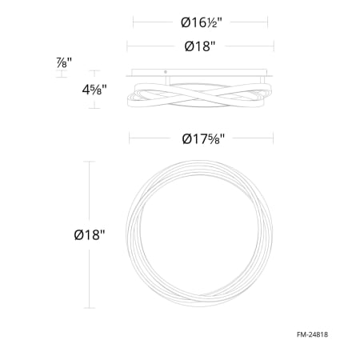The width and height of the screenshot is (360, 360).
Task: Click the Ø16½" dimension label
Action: tap(202, 22)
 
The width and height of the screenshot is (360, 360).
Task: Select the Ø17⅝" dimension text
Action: tap(203, 138)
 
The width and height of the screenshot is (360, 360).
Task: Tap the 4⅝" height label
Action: tap(94, 90)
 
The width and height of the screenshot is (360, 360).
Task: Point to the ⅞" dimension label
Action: tap(64, 62)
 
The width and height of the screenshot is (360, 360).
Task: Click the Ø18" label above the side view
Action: tap(200, 46)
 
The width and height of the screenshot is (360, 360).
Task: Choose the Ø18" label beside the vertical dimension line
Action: tap(90, 235)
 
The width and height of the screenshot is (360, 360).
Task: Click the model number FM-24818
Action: tap(312, 334)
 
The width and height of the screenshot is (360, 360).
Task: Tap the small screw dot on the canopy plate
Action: tap(166, 72)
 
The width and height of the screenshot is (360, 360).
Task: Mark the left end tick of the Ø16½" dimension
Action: tap(133, 22)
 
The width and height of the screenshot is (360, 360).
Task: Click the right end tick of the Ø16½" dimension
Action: tap(267, 22)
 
